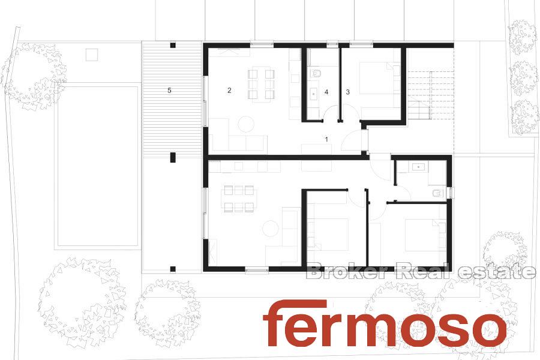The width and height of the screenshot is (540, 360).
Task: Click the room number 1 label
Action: click(x=326, y=139)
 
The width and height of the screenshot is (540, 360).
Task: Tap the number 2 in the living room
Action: click(x=229, y=91)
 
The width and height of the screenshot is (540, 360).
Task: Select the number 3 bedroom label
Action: click(x=348, y=92)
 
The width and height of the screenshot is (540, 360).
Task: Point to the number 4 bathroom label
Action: click(x=326, y=92)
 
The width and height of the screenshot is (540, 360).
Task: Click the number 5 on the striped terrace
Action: click(x=169, y=90)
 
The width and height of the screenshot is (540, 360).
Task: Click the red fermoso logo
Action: click(x=385, y=323)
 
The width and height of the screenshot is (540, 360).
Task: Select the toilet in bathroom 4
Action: click(x=315, y=74)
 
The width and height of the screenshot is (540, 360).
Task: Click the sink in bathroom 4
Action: click(x=314, y=93)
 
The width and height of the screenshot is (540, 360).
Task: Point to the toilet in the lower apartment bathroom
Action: click(x=439, y=193)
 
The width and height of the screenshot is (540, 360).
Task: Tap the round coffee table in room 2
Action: click(x=246, y=124)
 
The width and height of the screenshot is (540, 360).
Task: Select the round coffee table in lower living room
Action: click(x=270, y=229)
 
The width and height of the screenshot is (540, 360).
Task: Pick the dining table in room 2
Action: click(x=261, y=85)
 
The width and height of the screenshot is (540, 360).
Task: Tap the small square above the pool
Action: click(x=92, y=55)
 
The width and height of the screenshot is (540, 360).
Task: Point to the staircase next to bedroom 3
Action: click(x=430, y=94)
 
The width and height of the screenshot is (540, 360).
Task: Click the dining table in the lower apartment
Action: click(x=239, y=199)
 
